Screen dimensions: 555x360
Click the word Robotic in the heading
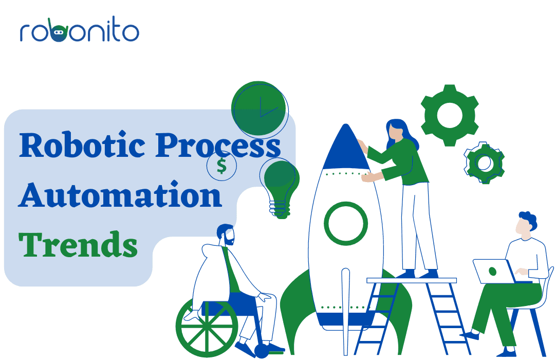pyautogui.click(x=82, y=145)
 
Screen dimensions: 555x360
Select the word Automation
pyautogui.click(x=120, y=194)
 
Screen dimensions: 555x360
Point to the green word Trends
pyautogui.click(x=78, y=244)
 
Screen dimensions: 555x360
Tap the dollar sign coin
pyautogui.click(x=221, y=166)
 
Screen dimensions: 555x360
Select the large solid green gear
pyautogui.click(x=450, y=115)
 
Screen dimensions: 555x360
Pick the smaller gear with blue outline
pyautogui.click(x=484, y=163)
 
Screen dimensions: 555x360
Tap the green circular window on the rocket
pyautogui.click(x=346, y=224)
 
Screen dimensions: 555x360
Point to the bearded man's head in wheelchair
pyautogui.click(x=226, y=235)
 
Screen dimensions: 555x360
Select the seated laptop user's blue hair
pyautogui.click(x=528, y=219)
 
